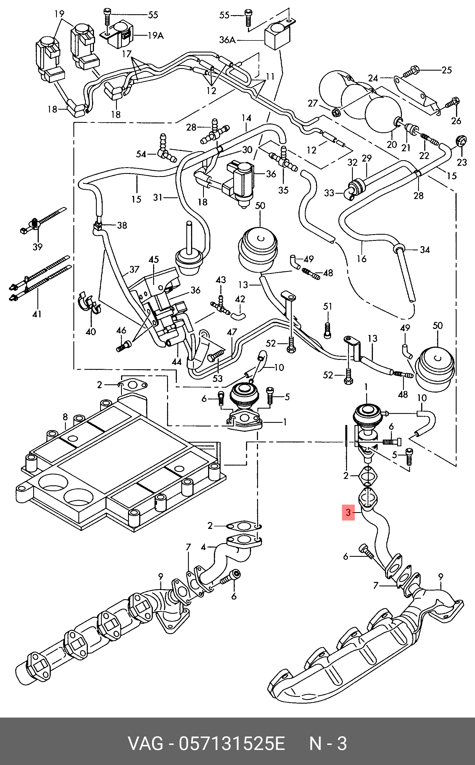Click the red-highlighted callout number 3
click(x=348, y=512)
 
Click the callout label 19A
click(x=156, y=35)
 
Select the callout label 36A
click(x=227, y=40)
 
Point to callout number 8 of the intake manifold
click(x=65, y=417)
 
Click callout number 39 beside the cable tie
click(x=37, y=247)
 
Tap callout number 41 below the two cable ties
click(x=37, y=314)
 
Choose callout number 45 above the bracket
click(x=154, y=259)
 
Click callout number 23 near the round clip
click(x=462, y=162)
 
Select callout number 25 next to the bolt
click(x=447, y=70)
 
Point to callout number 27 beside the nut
click(x=313, y=103)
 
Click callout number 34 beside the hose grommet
click(x=425, y=250)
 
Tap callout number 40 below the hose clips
click(x=91, y=332)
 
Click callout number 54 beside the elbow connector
click(x=141, y=154)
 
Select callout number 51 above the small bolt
click(x=327, y=306)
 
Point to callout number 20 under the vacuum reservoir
click(x=392, y=145)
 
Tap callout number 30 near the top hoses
click(x=247, y=150)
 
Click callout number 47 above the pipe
click(x=232, y=332)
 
